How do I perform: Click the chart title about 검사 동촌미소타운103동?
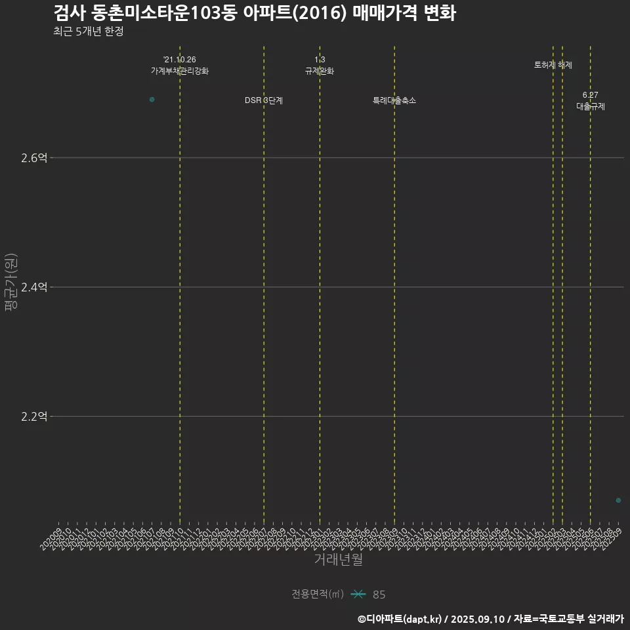coord(254,13)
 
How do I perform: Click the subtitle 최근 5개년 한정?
coord(88,31)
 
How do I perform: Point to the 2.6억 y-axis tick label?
coord(34,157)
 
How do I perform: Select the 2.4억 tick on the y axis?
coord(34,287)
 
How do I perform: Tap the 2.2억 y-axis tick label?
coord(34,416)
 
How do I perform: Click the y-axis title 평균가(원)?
coord(10,282)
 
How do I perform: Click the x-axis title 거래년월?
coord(338,560)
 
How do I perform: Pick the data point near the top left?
coord(152,99)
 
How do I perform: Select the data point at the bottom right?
coord(618,500)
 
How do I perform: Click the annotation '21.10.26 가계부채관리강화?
coord(180,65)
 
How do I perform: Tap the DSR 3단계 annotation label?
coord(264,100)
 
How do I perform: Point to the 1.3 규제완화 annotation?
coord(320,65)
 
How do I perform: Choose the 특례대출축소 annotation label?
coord(394,100)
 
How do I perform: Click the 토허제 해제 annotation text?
coord(553,65)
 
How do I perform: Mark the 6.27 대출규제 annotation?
coord(591,100)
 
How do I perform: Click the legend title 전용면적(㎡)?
coord(318,594)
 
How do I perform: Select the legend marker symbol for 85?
coord(358,594)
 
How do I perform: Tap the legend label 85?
coord(379,595)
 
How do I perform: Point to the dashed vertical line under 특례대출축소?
coord(394,295)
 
